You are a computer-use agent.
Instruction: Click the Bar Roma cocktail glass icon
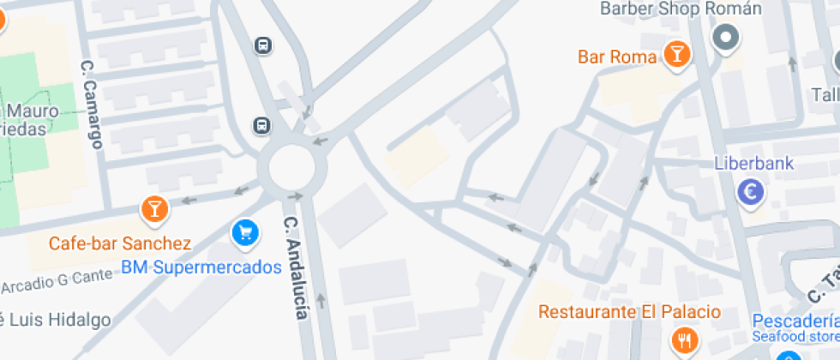[677, 55]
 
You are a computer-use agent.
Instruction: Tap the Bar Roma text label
[617, 57]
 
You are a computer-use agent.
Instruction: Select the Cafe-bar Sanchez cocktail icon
[154, 207]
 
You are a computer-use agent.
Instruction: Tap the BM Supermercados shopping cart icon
[245, 231]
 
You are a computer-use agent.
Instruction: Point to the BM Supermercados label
[201, 267]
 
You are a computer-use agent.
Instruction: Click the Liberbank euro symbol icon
[751, 192]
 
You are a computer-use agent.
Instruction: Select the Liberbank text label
[754, 164]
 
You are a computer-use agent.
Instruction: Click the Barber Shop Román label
[681, 9]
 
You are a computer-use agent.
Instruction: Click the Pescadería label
[795, 321]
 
